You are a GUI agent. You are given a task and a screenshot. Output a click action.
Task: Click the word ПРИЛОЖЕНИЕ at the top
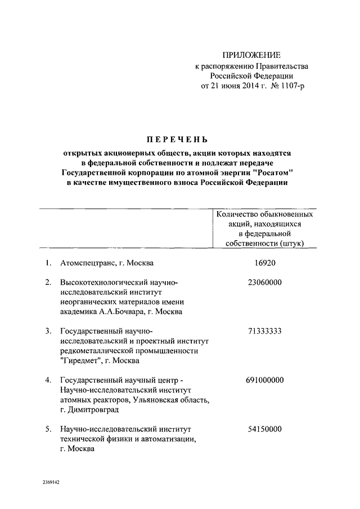251,55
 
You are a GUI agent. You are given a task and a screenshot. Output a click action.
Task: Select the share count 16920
264,263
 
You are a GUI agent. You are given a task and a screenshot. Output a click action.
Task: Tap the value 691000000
264,380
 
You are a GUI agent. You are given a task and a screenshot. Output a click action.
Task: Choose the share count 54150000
264,429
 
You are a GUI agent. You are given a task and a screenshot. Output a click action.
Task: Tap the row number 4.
48,380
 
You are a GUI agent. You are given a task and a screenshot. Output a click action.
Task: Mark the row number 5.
48,429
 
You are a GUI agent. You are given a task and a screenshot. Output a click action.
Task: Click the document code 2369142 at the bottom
51,483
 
